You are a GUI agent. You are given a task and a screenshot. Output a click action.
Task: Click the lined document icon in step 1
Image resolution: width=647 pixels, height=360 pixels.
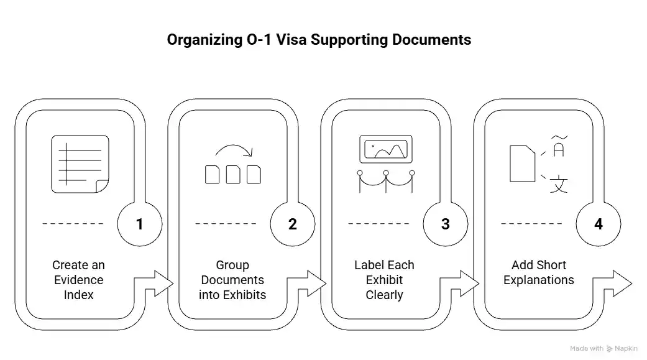79,164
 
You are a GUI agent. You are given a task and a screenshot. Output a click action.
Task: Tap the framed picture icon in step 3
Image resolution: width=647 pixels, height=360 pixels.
385,150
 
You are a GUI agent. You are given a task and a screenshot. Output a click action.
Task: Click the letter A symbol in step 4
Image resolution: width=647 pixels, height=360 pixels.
559,150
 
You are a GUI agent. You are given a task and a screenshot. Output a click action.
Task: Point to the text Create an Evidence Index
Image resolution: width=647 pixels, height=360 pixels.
78,280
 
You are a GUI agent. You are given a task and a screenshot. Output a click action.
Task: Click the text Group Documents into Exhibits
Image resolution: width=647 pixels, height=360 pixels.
232,280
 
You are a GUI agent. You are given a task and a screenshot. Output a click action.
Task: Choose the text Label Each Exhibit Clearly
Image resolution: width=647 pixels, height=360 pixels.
384,280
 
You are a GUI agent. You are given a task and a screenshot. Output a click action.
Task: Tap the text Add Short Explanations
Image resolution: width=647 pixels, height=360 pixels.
539,272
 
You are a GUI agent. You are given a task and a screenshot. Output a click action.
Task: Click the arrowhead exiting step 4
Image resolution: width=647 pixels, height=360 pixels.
623,284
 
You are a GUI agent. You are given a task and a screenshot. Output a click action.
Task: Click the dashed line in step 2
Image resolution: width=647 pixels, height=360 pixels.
226,223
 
